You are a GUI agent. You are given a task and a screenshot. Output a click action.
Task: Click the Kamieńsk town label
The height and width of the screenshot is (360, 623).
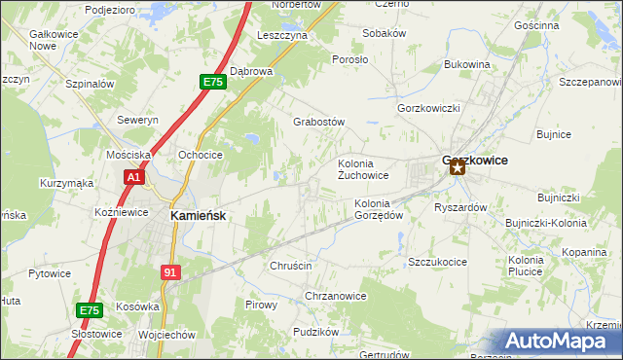(x=199, y=216)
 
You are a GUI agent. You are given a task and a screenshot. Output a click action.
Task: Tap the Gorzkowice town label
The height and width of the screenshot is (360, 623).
(x=475, y=160)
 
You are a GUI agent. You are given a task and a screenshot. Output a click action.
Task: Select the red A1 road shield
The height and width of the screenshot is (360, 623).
(x=133, y=178)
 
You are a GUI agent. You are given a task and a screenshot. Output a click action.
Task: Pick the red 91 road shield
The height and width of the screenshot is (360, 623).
(x=170, y=273)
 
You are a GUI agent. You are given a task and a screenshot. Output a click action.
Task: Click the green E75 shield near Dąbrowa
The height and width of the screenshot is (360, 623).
(x=214, y=83)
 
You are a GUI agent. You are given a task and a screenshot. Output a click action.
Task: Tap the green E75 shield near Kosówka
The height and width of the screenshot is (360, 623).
(x=89, y=310)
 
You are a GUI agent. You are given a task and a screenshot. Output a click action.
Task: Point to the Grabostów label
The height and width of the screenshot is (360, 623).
(x=320, y=123)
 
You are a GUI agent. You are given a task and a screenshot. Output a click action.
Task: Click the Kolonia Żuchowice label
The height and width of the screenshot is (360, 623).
(x=363, y=169)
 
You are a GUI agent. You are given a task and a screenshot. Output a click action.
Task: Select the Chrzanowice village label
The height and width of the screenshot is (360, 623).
(x=335, y=296)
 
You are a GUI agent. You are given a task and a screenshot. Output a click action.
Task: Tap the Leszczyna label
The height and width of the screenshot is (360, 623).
(x=282, y=34)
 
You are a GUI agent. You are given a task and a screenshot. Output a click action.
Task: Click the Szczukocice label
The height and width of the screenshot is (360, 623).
(x=439, y=262)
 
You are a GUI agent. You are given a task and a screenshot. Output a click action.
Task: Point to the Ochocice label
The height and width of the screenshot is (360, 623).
(x=201, y=155)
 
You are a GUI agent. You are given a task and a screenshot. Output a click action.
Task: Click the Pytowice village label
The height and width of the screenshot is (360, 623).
(x=50, y=273)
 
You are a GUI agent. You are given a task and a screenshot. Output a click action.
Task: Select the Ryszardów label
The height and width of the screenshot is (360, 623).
(x=460, y=207)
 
